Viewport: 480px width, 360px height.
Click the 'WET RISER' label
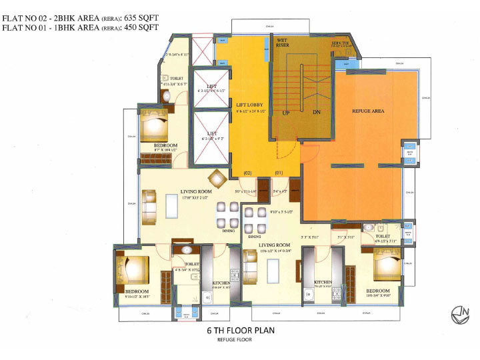pos(287,44)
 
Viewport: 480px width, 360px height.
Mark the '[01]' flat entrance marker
pos(280,173)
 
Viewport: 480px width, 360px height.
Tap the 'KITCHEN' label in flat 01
pos(323,283)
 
